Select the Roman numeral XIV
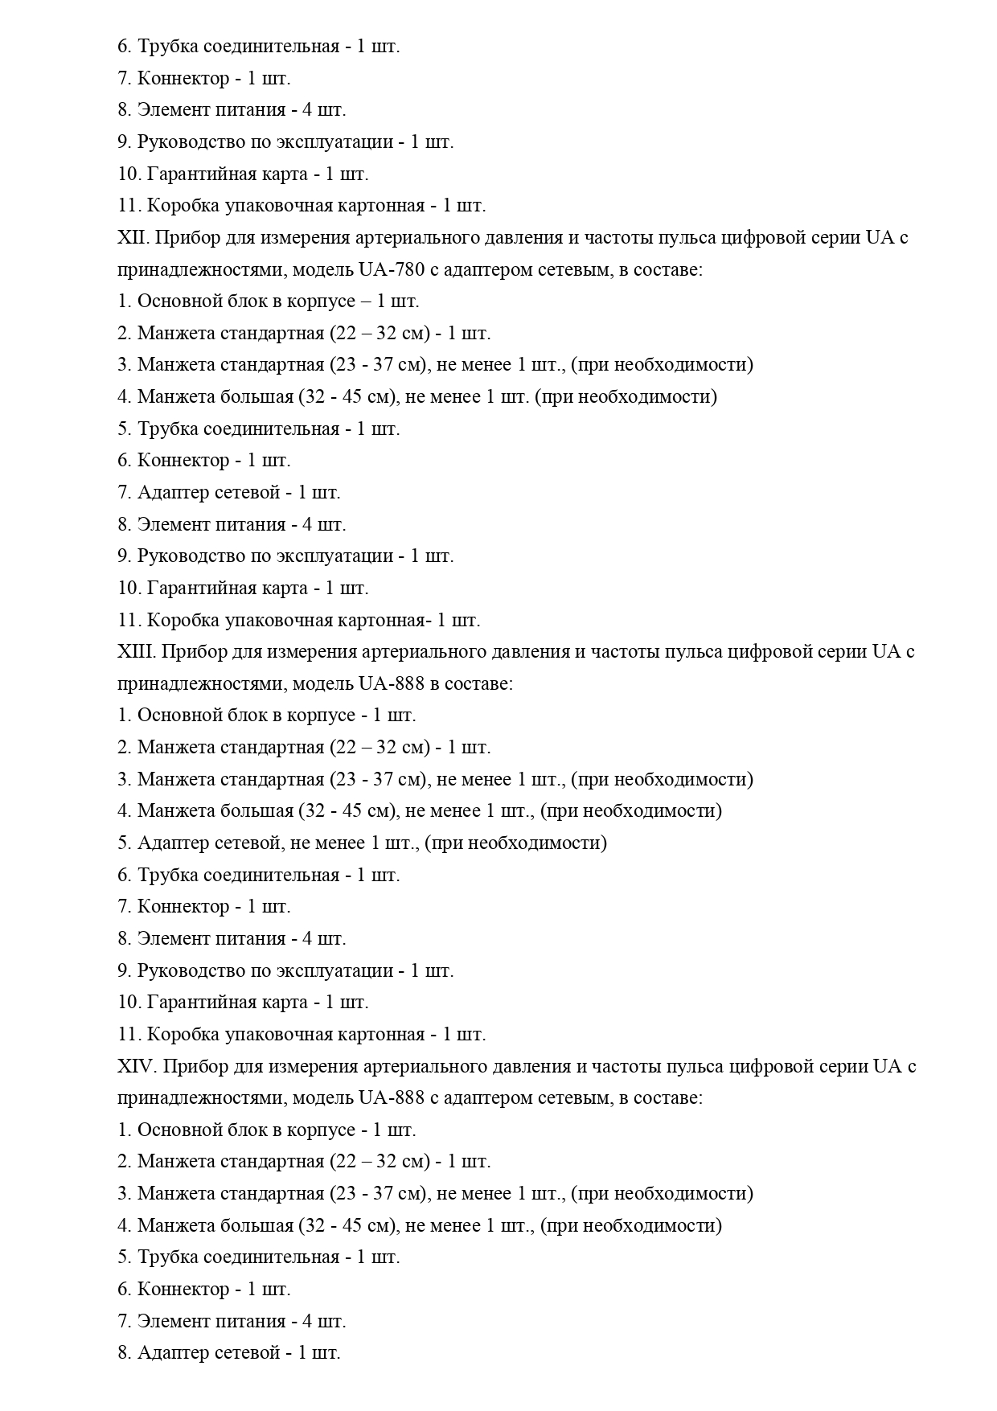click(x=134, y=1066)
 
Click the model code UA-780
click(x=391, y=269)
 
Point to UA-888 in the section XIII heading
click(x=391, y=683)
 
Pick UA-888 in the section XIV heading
click(x=391, y=1097)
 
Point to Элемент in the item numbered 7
click(x=170, y=1321)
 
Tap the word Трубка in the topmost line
click(x=167, y=46)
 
